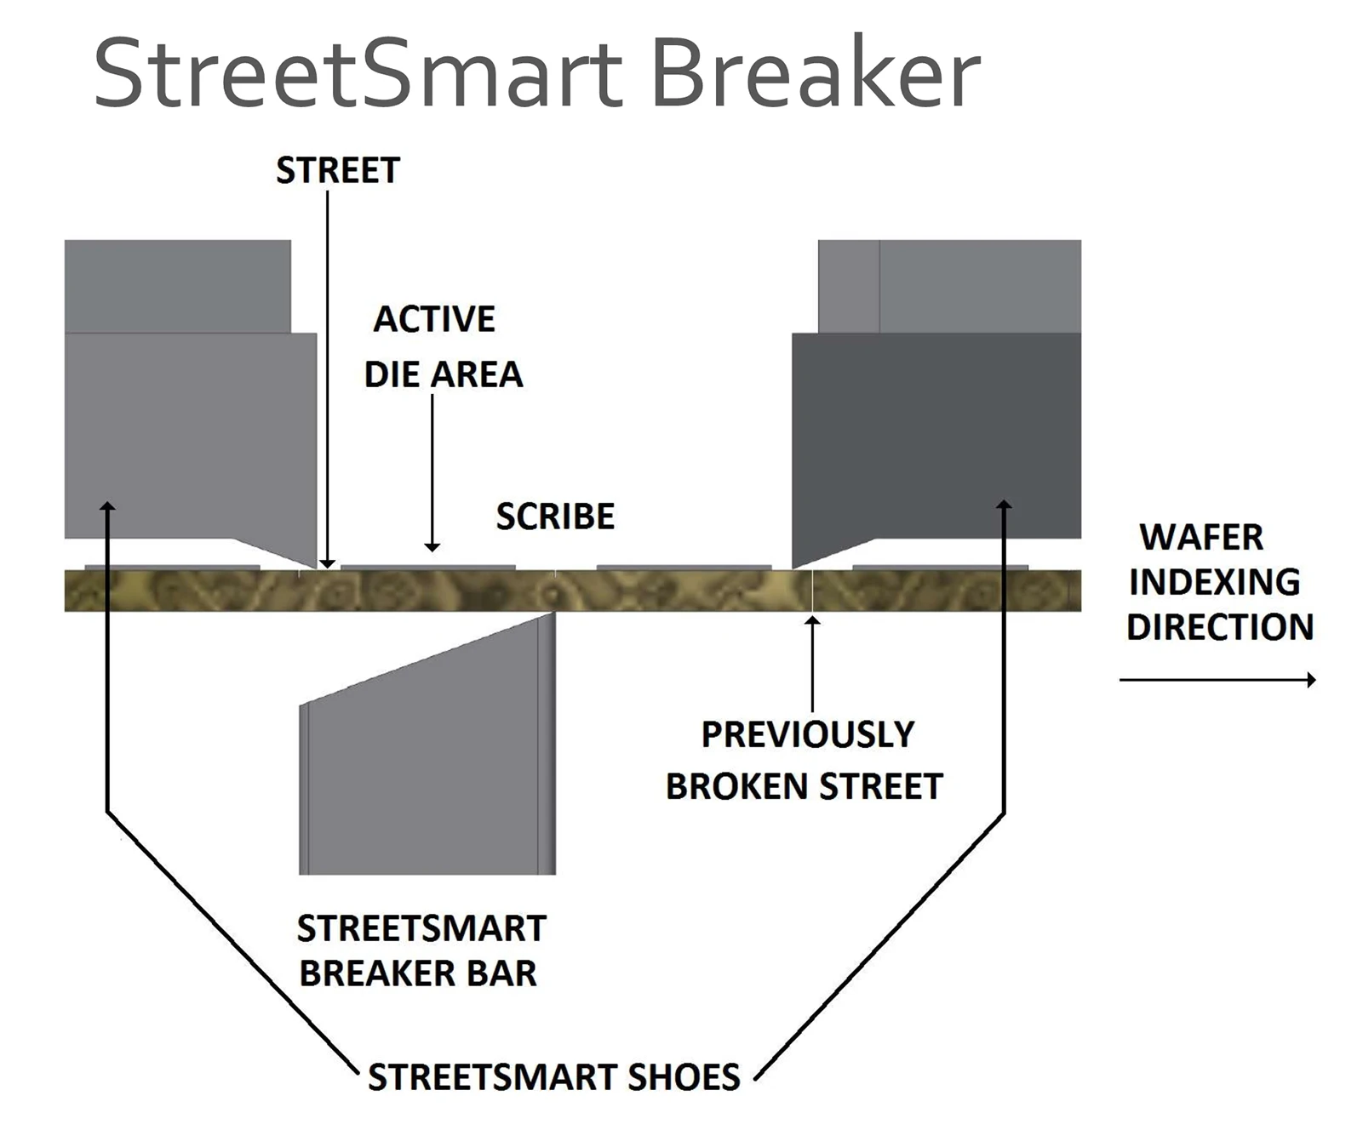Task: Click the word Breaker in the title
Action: point(815,73)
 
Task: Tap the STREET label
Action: point(338,171)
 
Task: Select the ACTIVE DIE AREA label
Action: point(443,346)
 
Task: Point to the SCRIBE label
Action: point(555,516)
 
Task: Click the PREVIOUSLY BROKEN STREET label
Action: point(805,760)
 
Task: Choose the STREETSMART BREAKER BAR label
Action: point(421,950)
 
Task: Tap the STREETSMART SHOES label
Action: point(554,1077)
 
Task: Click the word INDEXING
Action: point(1215,582)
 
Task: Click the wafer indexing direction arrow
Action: point(1217,679)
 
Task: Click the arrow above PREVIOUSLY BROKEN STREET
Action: point(813,664)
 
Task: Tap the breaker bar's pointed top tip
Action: point(552,615)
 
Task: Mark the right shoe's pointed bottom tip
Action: point(795,566)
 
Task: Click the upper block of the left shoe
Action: point(178,286)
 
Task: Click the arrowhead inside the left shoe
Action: point(107,507)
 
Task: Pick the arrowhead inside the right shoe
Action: point(1005,505)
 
